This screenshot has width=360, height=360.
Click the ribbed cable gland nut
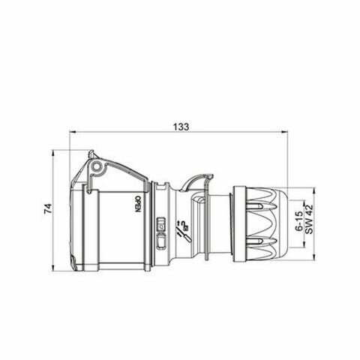coord(262,222)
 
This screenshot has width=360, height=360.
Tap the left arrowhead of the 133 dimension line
coord(72,133)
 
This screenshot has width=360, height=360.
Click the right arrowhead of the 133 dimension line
coord(288,133)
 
